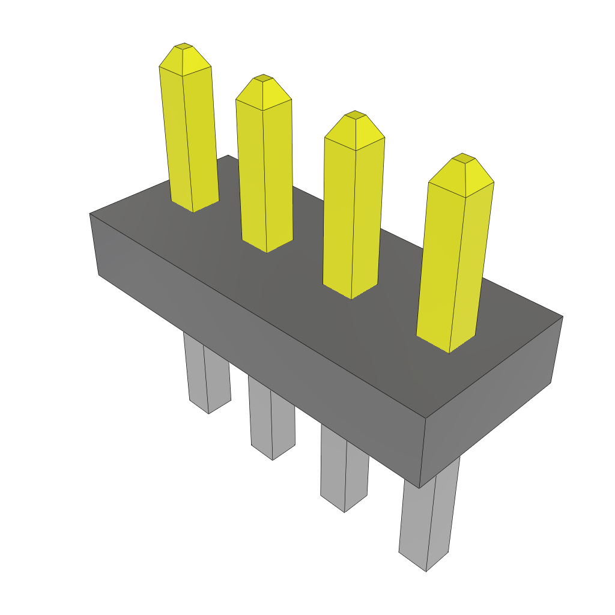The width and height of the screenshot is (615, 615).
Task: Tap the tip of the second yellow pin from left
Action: pos(262,77)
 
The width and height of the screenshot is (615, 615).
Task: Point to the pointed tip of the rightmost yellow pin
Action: pos(463,156)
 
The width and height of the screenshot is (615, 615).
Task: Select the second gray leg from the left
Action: pos(272,420)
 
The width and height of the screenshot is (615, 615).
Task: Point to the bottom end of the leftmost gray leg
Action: pos(208,411)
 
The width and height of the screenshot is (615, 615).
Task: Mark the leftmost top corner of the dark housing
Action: pos(90,214)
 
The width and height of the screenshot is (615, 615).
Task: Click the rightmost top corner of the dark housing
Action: pos(563,317)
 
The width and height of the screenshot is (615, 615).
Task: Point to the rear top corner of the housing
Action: pos(228,156)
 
